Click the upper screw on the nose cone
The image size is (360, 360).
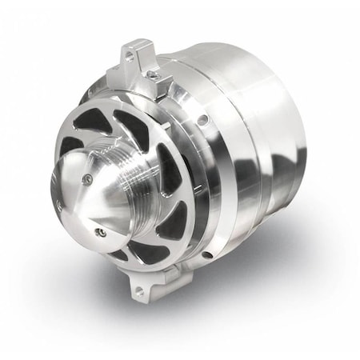pos(87,170)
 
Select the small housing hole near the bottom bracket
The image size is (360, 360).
pos(206,254)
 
